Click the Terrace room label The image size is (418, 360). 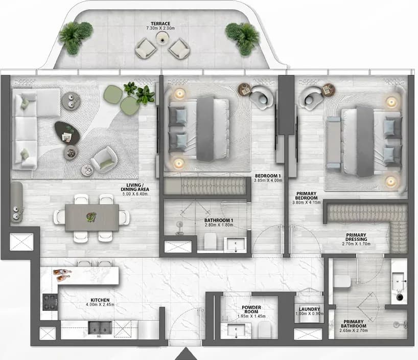pos(160,24)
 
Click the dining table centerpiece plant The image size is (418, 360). pos(91,216)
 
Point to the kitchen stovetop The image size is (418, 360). pos(50,302)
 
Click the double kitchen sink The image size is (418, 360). pos(100,327)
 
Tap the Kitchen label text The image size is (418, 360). pos(100,300)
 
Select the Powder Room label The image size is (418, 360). pos(251,309)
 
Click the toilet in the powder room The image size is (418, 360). pos(265,330)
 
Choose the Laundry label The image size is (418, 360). pos(309,309)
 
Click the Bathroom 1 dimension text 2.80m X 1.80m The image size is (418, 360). pos(219,225)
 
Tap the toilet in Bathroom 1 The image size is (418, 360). pos(211,241)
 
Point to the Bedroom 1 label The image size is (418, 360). pos(268,176)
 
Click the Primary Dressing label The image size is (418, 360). pos(356,237)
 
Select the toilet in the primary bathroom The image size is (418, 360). pos(342,281)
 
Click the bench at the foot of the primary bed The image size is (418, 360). pos(334,142)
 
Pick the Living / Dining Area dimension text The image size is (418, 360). pos(135,194)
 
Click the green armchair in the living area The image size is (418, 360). pos(104,159)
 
